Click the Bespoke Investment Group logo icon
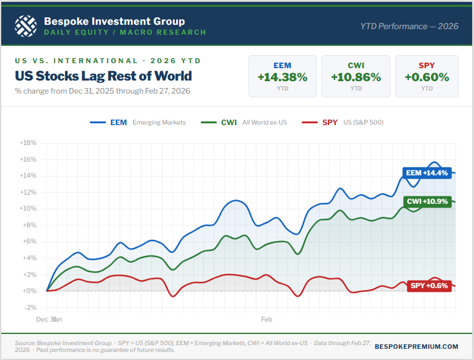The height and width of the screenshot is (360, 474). pos(26,25)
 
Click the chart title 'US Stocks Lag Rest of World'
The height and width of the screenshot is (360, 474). pos(103,76)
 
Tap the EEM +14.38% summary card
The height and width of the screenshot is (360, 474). pos(282,76)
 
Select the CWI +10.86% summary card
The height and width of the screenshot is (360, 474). pos(356,76)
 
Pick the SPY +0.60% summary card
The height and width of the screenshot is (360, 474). pos(427,76)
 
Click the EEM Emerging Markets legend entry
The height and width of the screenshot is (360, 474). pos(138,123)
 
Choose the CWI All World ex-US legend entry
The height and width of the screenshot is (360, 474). pos(245,123)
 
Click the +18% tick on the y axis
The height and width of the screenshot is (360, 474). pos(29,143)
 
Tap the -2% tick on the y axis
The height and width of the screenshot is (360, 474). pos(30,307)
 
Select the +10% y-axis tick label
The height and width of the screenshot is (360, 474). pos(29,208)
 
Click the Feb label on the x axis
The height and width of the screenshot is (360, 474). pos(266,320)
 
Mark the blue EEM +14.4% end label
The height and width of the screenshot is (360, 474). pos(426,173)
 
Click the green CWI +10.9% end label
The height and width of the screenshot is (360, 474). pos(428,202)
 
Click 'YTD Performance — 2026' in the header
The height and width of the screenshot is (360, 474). pos(408,26)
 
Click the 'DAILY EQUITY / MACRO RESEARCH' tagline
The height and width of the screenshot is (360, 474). pos(125,32)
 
